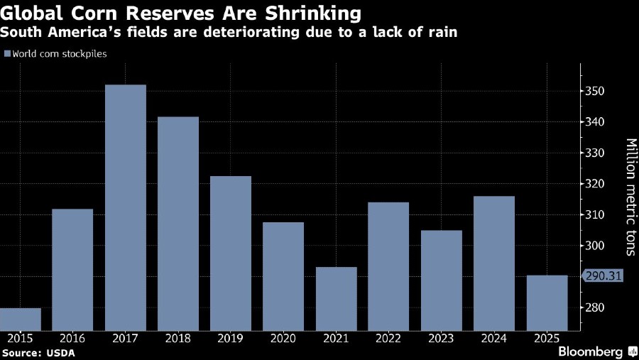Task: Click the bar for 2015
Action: [20, 319]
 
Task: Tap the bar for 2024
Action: [494, 263]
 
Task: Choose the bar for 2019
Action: [231, 253]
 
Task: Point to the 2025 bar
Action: [547, 302]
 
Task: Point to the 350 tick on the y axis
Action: [595, 92]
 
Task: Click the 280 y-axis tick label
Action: [595, 307]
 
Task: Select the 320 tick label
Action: [595, 184]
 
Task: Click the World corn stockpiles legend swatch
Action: [6, 54]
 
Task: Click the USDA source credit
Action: [61, 352]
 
